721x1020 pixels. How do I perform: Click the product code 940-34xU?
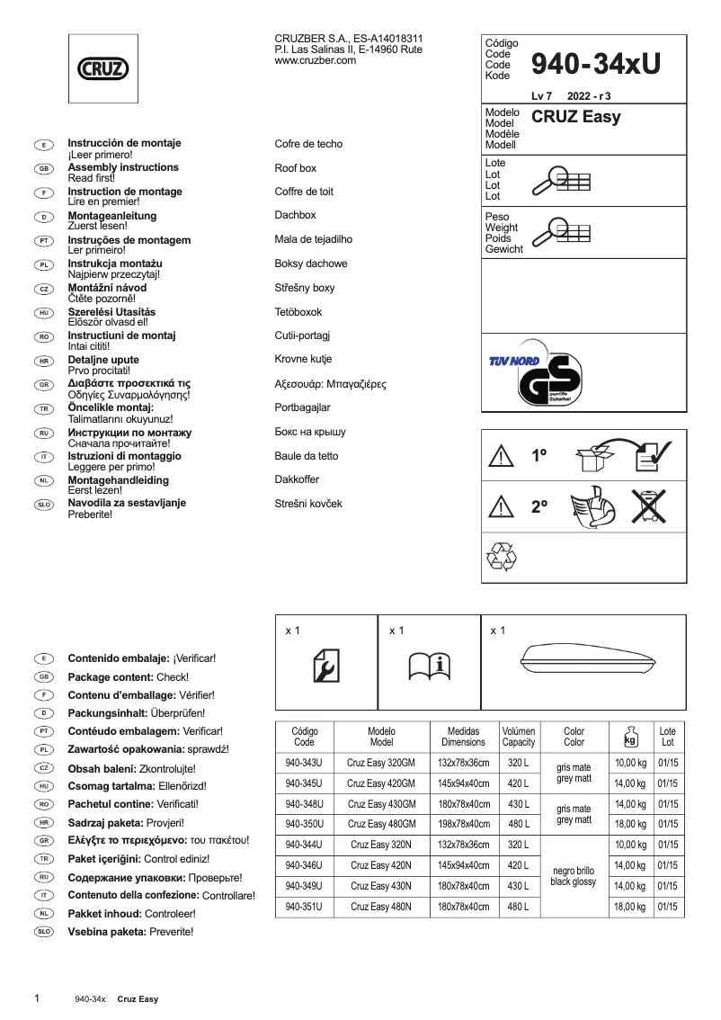[x=596, y=62]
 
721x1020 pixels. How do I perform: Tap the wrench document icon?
[x=325, y=667]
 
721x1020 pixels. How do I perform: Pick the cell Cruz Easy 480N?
[x=381, y=907]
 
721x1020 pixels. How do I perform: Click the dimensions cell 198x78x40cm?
[x=463, y=824]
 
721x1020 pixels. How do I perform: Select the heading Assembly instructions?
[x=123, y=167]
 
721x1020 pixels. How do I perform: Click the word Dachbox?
[x=296, y=216]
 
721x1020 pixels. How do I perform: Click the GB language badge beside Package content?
[x=43, y=676]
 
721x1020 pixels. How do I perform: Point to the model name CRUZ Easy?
[x=576, y=117]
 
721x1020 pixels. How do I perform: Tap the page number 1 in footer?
[x=36, y=998]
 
